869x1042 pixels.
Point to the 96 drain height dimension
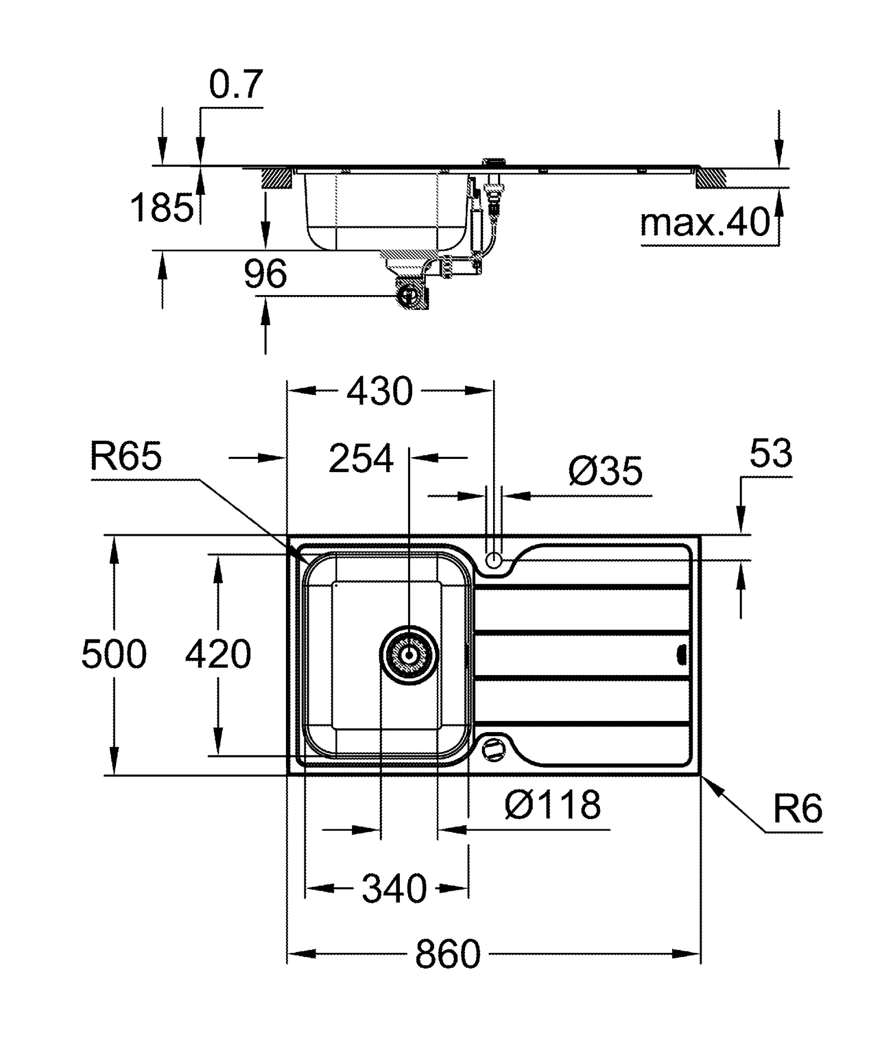coord(265,274)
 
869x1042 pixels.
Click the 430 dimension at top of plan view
coord(380,391)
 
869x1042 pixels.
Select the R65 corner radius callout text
coord(126,456)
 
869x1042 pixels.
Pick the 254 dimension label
coord(361,459)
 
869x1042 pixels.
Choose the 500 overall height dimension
coord(114,655)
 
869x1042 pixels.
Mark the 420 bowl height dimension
coord(218,655)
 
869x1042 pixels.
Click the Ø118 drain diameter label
coord(553,805)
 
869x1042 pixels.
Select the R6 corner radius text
coord(797,809)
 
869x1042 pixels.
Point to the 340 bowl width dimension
coord(394,889)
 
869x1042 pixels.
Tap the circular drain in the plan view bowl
coord(409,655)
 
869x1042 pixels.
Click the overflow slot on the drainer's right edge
coord(683,655)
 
